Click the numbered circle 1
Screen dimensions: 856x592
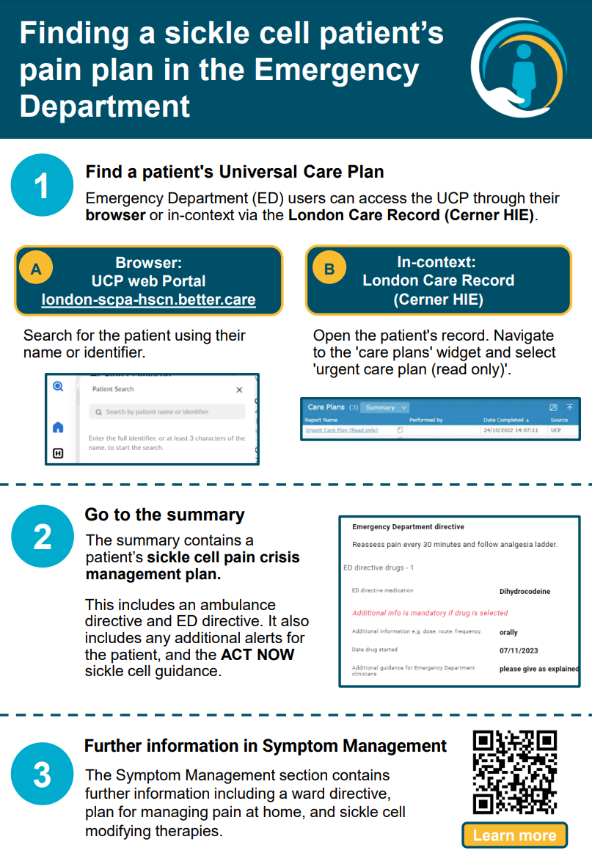tap(42, 185)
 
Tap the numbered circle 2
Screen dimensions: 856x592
tap(42, 537)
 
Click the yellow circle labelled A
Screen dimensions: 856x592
tap(36, 269)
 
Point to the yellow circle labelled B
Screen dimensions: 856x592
tap(329, 269)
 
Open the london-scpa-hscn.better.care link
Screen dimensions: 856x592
tap(149, 300)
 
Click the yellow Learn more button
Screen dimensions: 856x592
tap(514, 835)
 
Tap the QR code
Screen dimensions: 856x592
tap(514, 772)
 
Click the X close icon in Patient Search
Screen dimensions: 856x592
tap(239, 391)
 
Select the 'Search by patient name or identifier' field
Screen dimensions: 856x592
tap(167, 412)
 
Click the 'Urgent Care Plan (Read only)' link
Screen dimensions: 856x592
tap(341, 429)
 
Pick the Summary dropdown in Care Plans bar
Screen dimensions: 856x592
tap(385, 407)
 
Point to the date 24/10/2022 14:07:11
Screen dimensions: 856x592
tap(511, 429)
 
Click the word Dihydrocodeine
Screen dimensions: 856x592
tap(525, 591)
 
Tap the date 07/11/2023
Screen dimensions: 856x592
tap(519, 650)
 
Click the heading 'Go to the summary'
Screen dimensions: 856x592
tap(164, 515)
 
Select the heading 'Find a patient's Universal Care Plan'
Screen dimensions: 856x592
tap(235, 173)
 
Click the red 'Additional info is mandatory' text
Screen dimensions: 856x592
tap(430, 613)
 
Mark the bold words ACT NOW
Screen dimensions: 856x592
tap(257, 654)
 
